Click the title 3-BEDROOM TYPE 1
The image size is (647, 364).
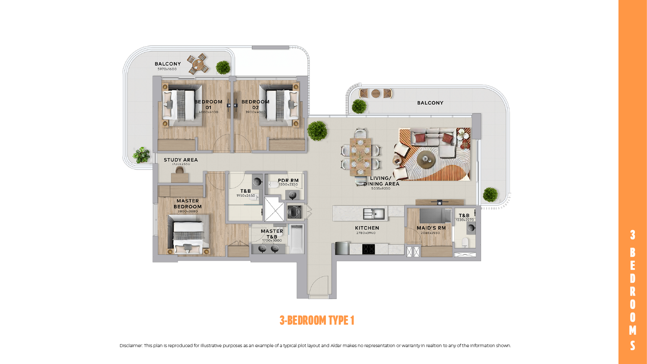pyautogui.click(x=317, y=320)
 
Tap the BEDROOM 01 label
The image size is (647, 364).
pyautogui.click(x=208, y=105)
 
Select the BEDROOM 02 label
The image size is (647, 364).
pyautogui.click(x=255, y=105)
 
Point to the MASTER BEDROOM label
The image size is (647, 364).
pyautogui.click(x=188, y=204)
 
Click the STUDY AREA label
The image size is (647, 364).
pyautogui.click(x=181, y=160)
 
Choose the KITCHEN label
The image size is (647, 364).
pyautogui.click(x=367, y=228)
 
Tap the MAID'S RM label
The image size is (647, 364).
pyautogui.click(x=431, y=228)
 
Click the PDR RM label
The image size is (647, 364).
pyautogui.click(x=288, y=181)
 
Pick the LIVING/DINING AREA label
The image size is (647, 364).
pyautogui.click(x=381, y=181)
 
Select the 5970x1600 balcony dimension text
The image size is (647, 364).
pyautogui.click(x=167, y=69)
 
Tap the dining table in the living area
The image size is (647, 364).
pyautogui.click(x=360, y=156)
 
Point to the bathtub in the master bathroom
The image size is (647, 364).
pyautogui.click(x=297, y=239)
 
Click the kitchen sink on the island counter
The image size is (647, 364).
pyautogui.click(x=374, y=213)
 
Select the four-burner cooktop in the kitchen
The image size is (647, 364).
pyautogui.click(x=368, y=249)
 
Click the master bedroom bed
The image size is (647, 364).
pyautogui.click(x=188, y=236)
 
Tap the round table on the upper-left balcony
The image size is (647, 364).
pyautogui.click(x=198, y=64)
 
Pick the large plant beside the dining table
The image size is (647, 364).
pyautogui.click(x=317, y=131)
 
